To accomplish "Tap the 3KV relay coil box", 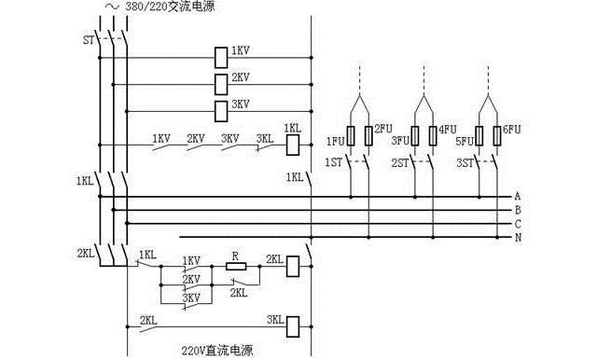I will pyautogui.click(x=221, y=112).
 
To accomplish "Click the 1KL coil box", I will pyautogui.click(x=293, y=144).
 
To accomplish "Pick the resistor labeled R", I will pyautogui.click(x=235, y=266).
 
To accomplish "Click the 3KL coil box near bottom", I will pyautogui.click(x=293, y=325).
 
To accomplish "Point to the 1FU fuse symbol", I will pyautogui.click(x=350, y=135).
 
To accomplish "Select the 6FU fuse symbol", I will pyautogui.click(x=496, y=135).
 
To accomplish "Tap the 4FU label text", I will pyautogui.click(x=448, y=129).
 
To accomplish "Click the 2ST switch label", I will pyautogui.click(x=399, y=162).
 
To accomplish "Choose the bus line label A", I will pyautogui.click(x=517, y=197).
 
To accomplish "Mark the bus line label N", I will pyautogui.click(x=517, y=238).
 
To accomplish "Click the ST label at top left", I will pyautogui.click(x=89, y=40).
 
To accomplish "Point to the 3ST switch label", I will pyautogui.click(x=464, y=162).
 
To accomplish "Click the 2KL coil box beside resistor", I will pyautogui.click(x=293, y=266).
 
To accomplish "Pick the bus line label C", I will pyautogui.click(x=517, y=224).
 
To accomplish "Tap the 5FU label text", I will pyautogui.click(x=465, y=141).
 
